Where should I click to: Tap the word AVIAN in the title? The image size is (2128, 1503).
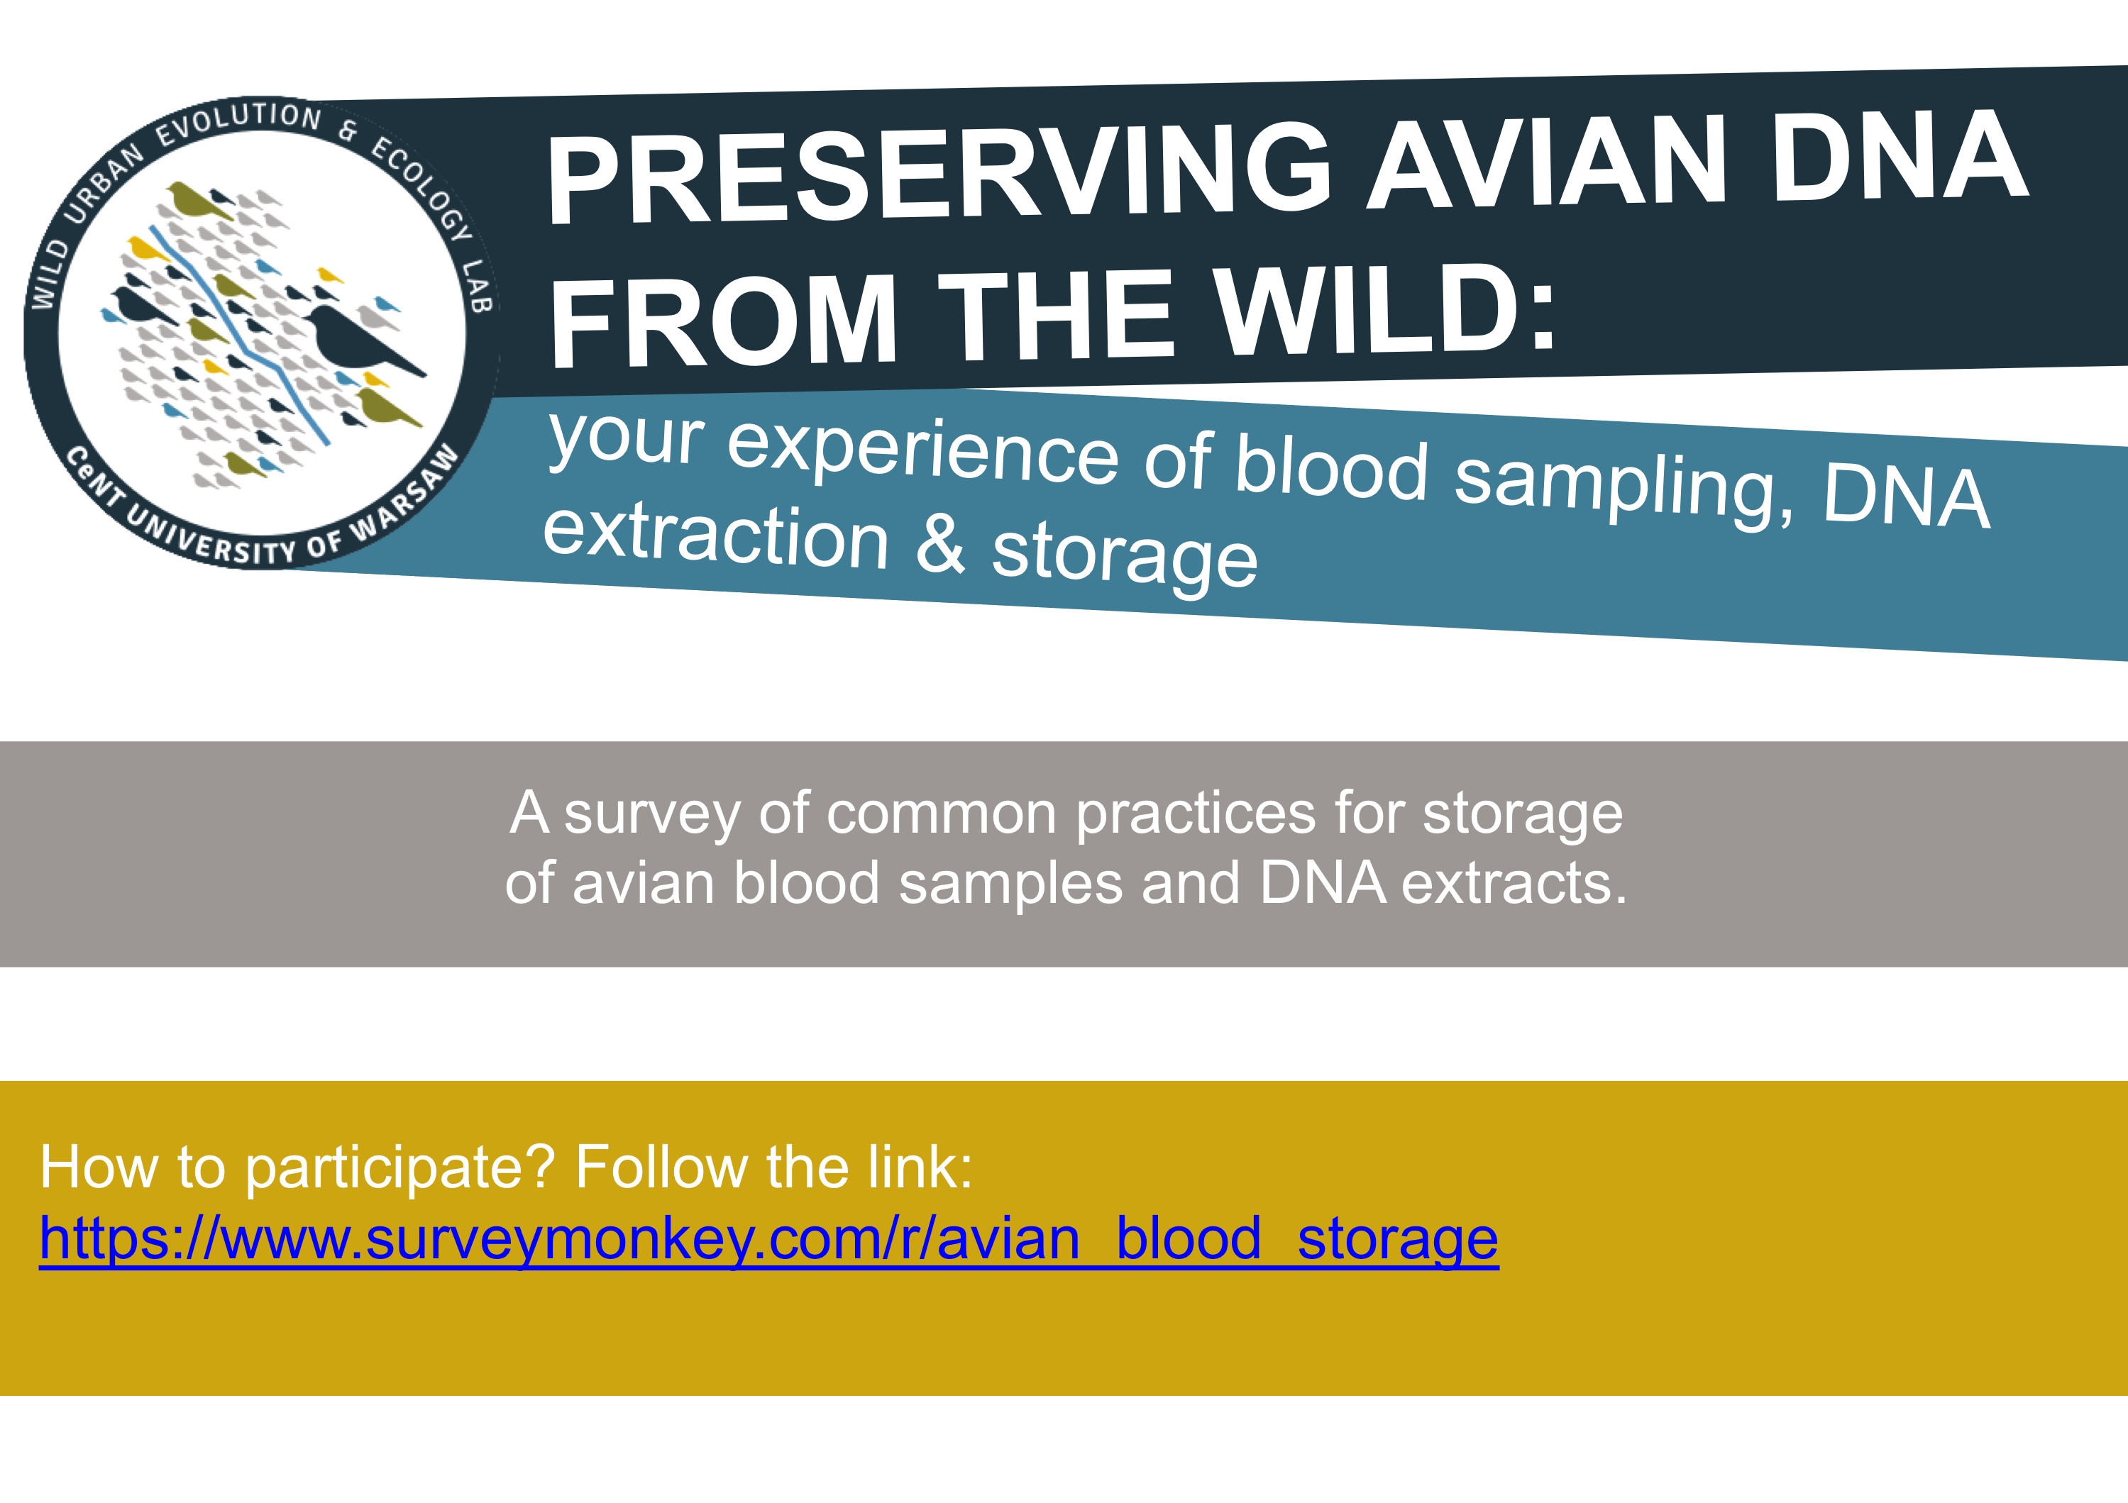pos(1547,160)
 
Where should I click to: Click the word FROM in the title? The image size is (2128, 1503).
pos(723,320)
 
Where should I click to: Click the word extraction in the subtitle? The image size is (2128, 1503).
pos(715,535)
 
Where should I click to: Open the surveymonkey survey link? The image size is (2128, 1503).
pos(768,1240)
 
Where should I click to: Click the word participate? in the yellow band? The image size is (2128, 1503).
pos(399,1168)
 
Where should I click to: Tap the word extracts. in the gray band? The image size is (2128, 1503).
pos(1514,882)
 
